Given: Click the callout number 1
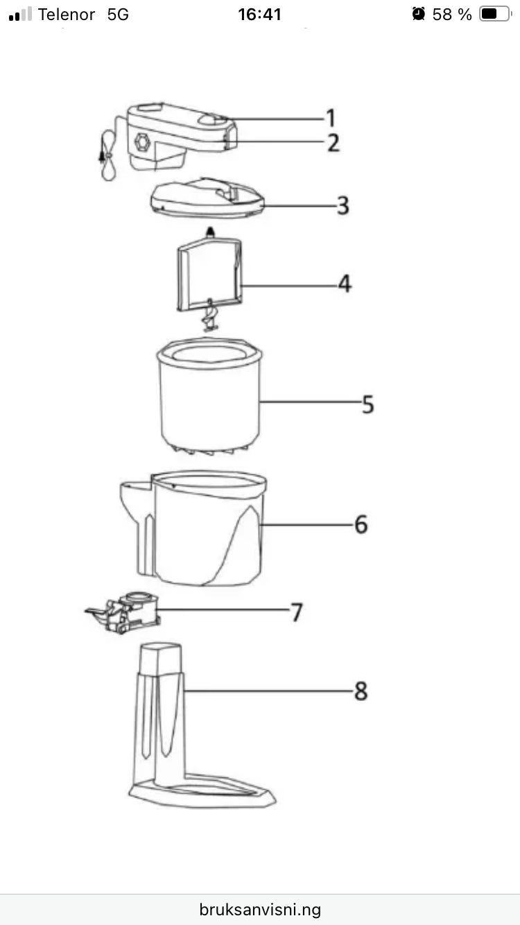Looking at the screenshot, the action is coord(331,118).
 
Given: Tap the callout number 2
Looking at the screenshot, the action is coord(333,142).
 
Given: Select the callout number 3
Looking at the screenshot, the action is coord(343,205).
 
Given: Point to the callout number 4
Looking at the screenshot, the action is coord(345,284).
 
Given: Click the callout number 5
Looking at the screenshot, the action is coord(367,404).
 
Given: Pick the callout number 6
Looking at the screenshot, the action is coord(361,524).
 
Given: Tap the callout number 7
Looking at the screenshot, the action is coord(297,612).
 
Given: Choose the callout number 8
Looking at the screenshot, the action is coord(361,691).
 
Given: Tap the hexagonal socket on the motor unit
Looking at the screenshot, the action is coord(142,142).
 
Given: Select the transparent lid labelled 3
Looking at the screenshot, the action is coord(207,198).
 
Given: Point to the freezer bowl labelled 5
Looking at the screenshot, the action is coord(209,397).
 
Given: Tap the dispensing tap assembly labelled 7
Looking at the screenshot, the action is coord(123,612).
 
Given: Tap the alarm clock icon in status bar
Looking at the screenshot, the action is coord(418,14).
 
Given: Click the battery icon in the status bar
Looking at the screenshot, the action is coord(496,14).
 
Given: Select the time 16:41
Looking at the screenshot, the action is coord(260,15).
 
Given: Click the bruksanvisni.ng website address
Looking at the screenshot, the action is coord(260,909).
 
